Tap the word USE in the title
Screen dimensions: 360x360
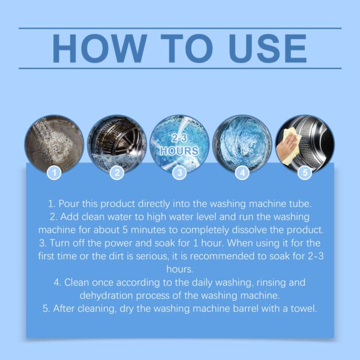pyautogui.click(x=268, y=49)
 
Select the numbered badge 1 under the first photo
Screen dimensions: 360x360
pyautogui.click(x=54, y=173)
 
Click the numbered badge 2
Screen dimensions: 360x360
pyautogui.click(x=117, y=173)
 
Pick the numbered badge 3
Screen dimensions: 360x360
pyautogui.click(x=180, y=173)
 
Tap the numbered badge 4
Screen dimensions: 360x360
pyautogui.click(x=242, y=173)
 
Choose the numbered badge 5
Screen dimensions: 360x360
pyautogui.click(x=305, y=173)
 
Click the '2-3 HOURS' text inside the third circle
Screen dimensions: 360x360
pyautogui.click(x=179, y=145)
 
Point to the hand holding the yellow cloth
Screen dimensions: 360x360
pyautogui.click(x=287, y=146)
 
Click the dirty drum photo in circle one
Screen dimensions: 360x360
pyautogui.click(x=54, y=144)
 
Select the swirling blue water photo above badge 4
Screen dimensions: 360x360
pyautogui.click(x=242, y=144)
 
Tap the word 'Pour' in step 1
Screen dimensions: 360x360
pyautogui.click(x=69, y=204)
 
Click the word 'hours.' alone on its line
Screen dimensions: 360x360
pyautogui.click(x=180, y=269)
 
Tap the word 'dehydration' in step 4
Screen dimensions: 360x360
pyautogui.click(x=106, y=295)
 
